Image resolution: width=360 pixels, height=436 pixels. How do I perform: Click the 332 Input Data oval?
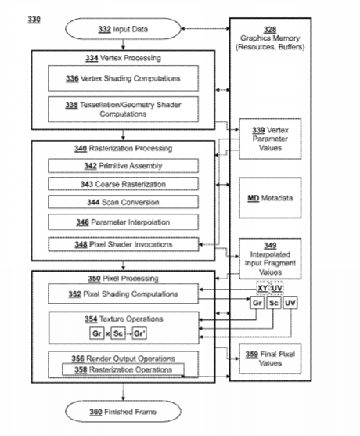[x=123, y=29]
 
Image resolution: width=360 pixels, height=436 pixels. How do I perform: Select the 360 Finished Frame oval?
[x=123, y=412]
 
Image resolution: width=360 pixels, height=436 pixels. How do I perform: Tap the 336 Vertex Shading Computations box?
[x=123, y=78]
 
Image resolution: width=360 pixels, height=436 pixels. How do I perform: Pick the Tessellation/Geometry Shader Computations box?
[x=123, y=110]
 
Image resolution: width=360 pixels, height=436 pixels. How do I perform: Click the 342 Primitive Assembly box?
[x=123, y=166]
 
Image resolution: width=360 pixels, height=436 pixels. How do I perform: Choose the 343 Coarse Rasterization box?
[x=123, y=184]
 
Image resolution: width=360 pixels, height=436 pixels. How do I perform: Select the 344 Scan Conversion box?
[x=123, y=202]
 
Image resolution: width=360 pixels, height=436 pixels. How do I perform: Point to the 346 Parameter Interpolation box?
[x=123, y=222]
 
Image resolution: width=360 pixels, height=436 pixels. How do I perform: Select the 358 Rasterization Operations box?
[x=123, y=369]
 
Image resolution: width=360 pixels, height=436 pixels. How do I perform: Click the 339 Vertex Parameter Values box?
[x=270, y=139]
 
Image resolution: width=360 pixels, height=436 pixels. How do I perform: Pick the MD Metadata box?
[x=270, y=198]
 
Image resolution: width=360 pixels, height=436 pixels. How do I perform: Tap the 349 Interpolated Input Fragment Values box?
[x=270, y=258]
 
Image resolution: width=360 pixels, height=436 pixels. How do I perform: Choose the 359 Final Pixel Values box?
[x=270, y=359]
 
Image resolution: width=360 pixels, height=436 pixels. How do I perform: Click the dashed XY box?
[x=263, y=288]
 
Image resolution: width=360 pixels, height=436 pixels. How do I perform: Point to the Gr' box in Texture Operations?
[x=139, y=333]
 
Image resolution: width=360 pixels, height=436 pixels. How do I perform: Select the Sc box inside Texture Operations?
[x=118, y=333]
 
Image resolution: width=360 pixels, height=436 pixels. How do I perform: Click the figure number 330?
[x=34, y=20]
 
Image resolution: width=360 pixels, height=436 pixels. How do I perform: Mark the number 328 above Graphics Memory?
[x=270, y=30]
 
